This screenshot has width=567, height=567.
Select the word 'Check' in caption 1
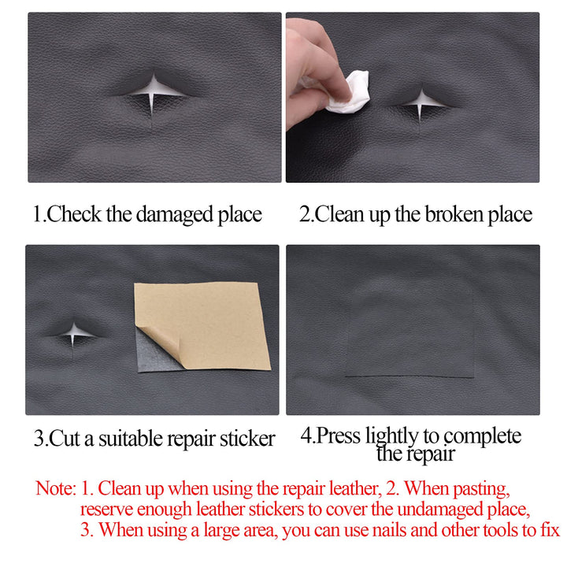[73, 214]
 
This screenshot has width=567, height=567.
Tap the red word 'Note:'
[55, 487]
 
